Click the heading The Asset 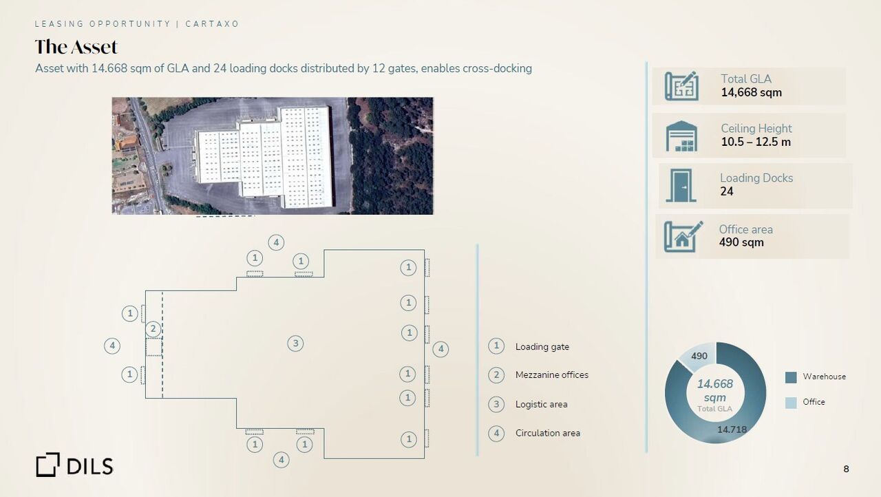coord(76,47)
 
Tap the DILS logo coord(74,465)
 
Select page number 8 coord(846,469)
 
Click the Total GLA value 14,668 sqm coord(751,92)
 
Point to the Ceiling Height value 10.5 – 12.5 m coord(756,142)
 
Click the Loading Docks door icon coord(681,185)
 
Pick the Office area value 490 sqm coord(741,242)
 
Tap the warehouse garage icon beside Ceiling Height coord(681,136)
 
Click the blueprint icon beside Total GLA coord(681,86)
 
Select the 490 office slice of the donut coord(698,357)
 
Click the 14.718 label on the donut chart coord(732,430)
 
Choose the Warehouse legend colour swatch coord(791,377)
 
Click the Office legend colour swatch coord(791,403)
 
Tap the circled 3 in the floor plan coord(295,343)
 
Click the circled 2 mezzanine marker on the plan coord(153,329)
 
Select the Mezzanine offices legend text coord(552,374)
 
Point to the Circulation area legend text coord(547,433)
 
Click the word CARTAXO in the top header coord(212,24)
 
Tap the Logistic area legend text coord(541,404)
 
